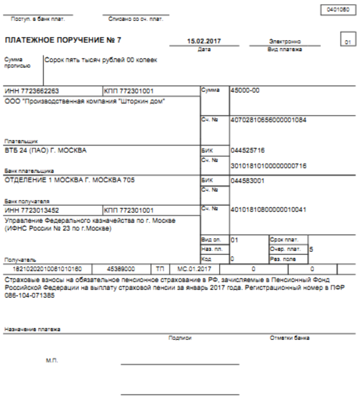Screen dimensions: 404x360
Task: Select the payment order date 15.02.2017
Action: click(x=203, y=41)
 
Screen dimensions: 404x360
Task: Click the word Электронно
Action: click(x=285, y=42)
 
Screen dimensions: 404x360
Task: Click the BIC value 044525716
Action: click(x=248, y=150)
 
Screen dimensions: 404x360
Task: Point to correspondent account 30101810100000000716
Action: click(x=268, y=166)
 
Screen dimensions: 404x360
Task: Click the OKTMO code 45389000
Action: click(x=121, y=270)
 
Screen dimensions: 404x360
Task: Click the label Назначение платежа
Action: click(x=32, y=329)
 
